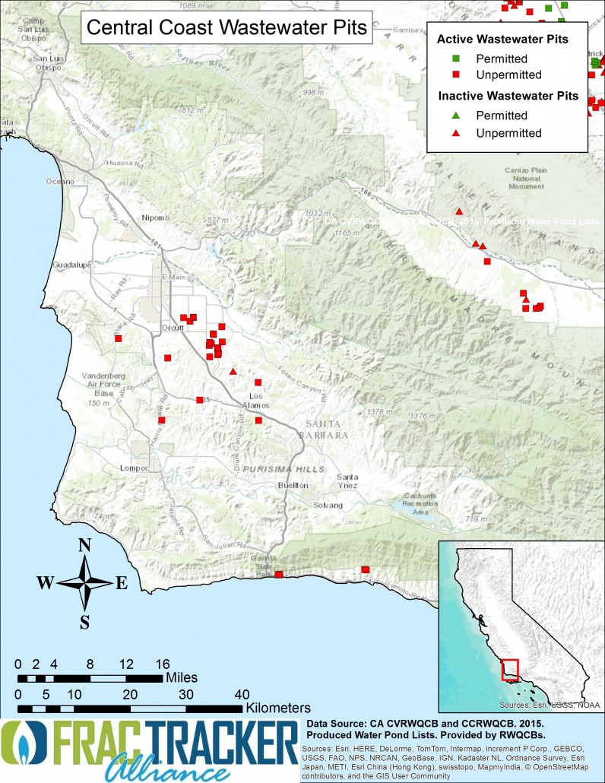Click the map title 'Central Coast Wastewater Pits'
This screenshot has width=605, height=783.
226,28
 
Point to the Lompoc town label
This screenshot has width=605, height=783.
134,468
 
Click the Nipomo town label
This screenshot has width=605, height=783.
157,218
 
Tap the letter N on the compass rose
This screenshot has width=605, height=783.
85,545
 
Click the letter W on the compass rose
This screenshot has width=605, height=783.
46,583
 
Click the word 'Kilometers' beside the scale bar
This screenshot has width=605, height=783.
280,706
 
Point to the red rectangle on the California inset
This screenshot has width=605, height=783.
509,670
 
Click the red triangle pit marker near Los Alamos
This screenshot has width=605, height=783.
233,372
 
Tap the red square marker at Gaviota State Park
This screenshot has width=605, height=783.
278,575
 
